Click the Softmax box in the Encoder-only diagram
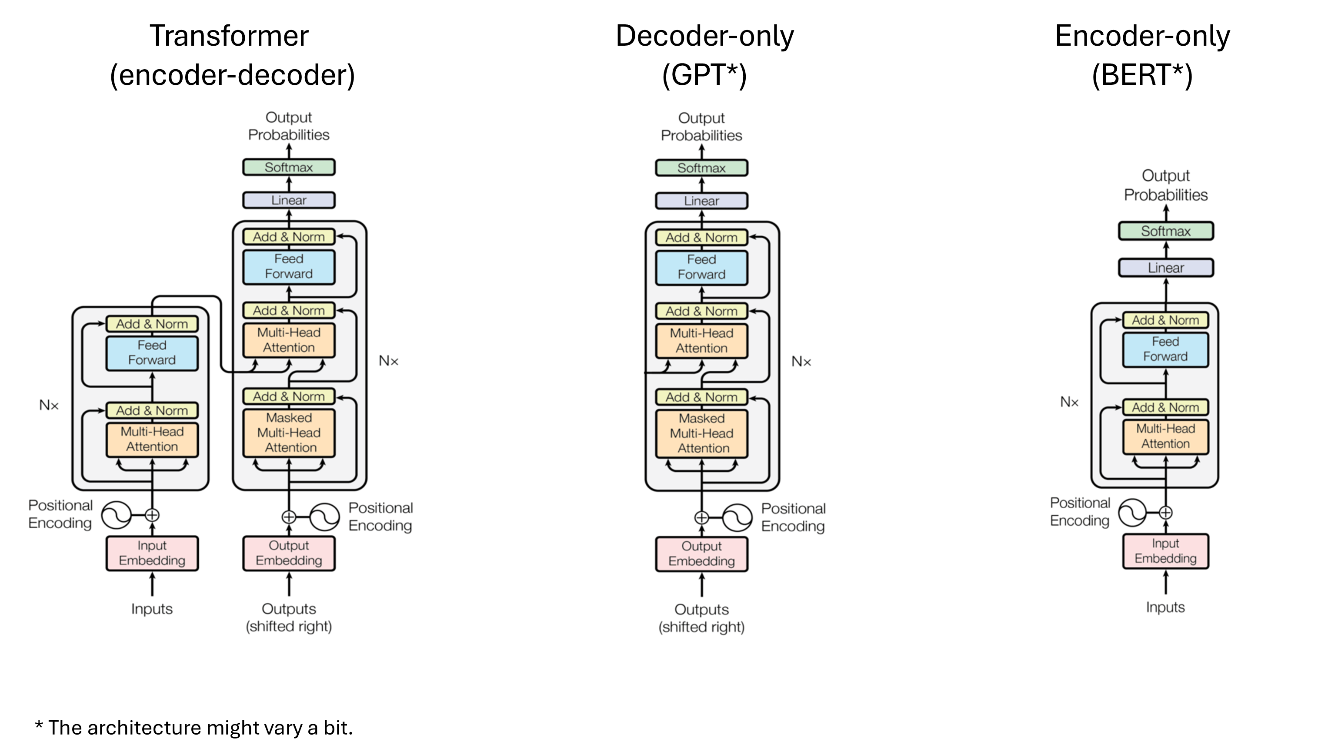click(1165, 231)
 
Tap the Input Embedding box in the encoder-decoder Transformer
click(152, 553)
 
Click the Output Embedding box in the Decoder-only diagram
click(701, 554)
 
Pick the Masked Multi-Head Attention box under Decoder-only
click(701, 433)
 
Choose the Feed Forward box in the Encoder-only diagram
click(1165, 349)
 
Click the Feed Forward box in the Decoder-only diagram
click(701, 267)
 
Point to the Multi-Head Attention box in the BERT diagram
click(1165, 436)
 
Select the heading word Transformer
click(229, 36)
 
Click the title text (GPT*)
click(704, 75)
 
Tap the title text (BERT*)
click(1142, 75)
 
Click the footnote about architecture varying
click(194, 728)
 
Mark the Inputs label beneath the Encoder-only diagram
click(1165, 608)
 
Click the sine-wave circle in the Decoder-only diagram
click(737, 517)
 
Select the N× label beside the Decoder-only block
click(801, 362)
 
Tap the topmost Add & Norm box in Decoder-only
click(701, 238)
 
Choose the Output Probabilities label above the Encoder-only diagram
click(1166, 185)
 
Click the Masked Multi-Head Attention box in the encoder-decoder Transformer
click(288, 433)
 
